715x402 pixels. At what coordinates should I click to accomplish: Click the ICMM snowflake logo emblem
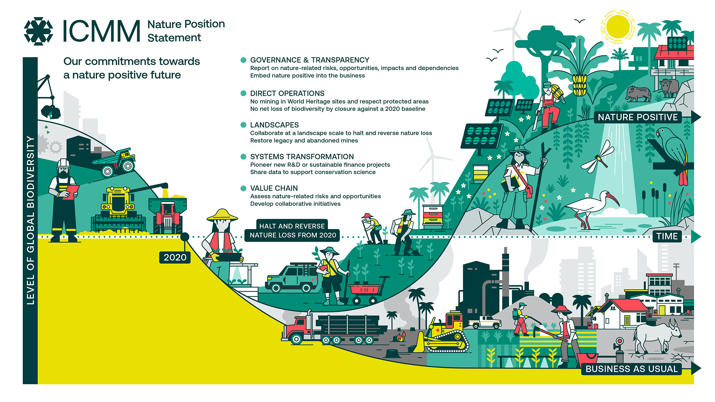38,31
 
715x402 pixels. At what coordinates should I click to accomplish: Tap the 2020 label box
175,257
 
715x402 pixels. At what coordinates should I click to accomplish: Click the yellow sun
618,27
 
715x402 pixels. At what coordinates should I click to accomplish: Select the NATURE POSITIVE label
637,117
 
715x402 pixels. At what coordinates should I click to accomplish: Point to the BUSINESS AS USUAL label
631,369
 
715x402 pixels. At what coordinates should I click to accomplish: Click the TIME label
667,236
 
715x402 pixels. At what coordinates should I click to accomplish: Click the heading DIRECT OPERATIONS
287,93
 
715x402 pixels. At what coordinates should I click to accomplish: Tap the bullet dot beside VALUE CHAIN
243,188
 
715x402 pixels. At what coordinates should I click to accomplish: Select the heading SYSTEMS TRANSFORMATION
302,157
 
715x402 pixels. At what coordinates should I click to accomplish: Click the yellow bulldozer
445,334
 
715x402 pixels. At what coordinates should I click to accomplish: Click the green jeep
291,279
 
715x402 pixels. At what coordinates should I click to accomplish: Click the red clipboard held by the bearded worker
71,192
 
